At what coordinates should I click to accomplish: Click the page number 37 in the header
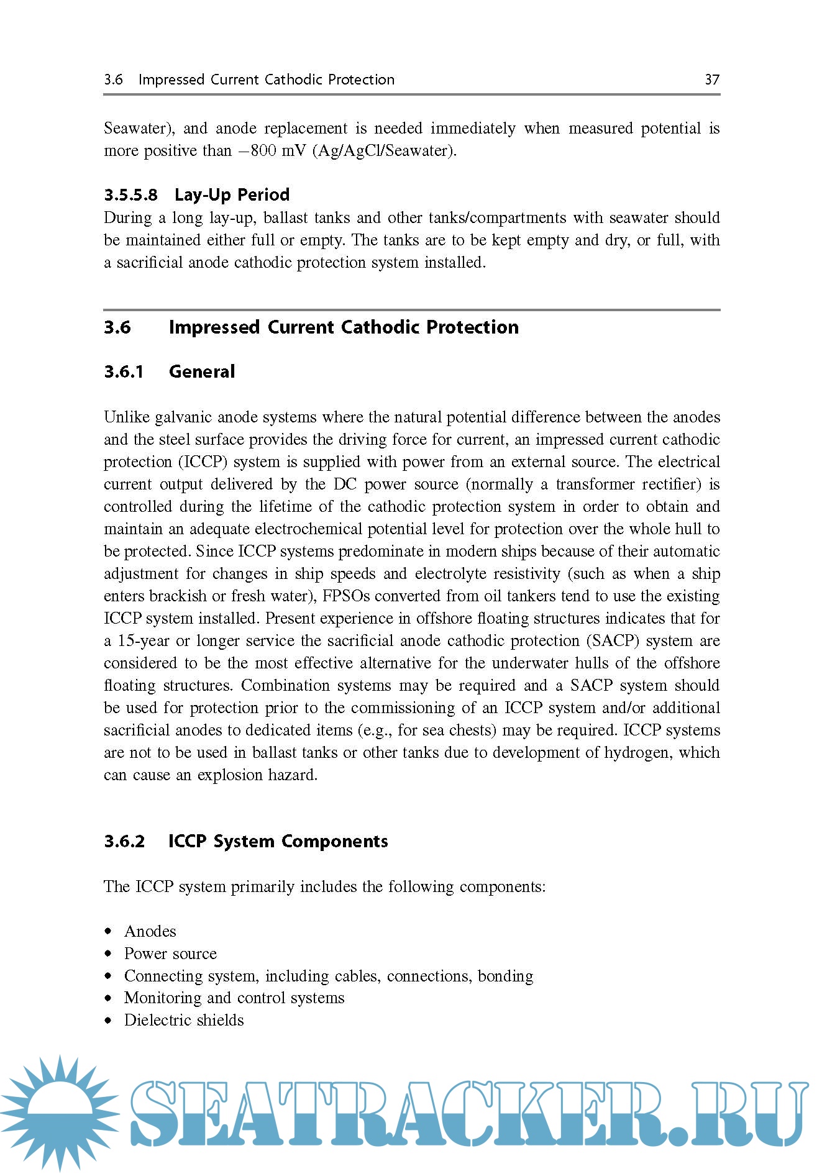[x=712, y=80]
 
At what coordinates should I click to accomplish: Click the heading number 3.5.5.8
[x=130, y=195]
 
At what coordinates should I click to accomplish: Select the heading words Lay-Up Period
[x=232, y=195]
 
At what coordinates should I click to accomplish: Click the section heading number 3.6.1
[x=124, y=372]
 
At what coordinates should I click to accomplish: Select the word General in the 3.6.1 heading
[x=202, y=372]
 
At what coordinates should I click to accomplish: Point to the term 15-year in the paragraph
[x=144, y=641]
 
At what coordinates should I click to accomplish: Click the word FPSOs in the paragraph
[x=345, y=596]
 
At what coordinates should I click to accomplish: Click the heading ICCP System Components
[x=278, y=842]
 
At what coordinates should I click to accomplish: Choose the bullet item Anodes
[x=150, y=932]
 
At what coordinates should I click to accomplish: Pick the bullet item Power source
[x=170, y=954]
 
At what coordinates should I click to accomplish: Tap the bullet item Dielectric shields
[x=184, y=1021]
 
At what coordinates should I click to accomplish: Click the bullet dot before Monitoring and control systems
[x=109, y=998]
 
